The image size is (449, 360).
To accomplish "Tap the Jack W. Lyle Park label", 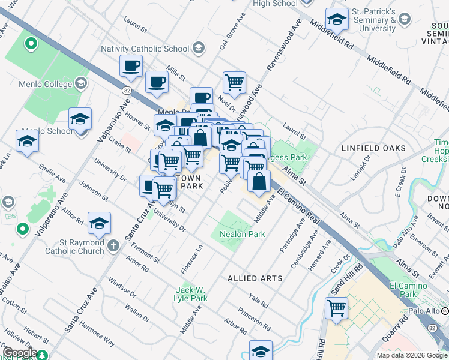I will tap(190, 294).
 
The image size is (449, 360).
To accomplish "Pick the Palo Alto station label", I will tap(424, 311).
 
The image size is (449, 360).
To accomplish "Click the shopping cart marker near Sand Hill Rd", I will tap(337, 308).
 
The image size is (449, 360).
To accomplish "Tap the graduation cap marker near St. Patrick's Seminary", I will tap(337, 20).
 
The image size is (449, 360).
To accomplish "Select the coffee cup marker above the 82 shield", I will tap(130, 66).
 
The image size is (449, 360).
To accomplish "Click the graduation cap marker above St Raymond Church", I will tap(99, 224).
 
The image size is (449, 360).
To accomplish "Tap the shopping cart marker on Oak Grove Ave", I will tap(234, 83).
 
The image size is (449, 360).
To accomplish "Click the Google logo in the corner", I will tap(20, 353).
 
